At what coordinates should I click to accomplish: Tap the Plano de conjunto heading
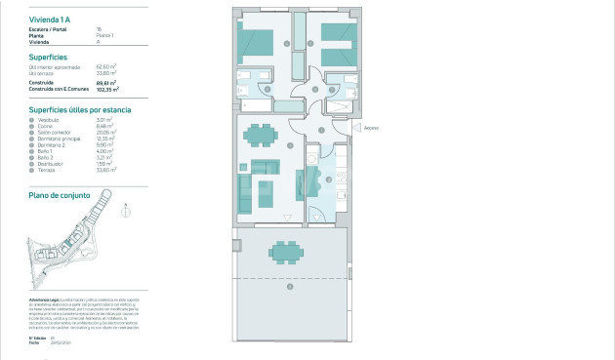(60, 195)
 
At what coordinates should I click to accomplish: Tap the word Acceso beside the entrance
(371, 128)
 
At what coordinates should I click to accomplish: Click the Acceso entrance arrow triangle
(356, 128)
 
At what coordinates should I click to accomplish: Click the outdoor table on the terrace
(286, 253)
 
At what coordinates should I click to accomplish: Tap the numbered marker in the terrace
(290, 286)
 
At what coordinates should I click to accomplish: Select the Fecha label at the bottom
(34, 342)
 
